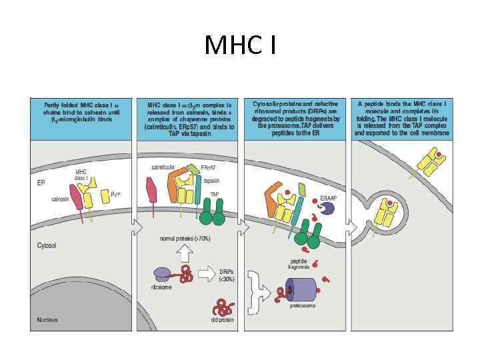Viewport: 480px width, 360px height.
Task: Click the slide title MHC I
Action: tap(239, 45)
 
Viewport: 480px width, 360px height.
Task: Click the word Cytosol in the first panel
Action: tap(46, 245)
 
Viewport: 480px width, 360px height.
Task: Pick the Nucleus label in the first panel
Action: tap(47, 319)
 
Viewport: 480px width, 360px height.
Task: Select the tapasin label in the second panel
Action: tap(211, 181)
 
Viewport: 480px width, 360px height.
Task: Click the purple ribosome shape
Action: tap(162, 273)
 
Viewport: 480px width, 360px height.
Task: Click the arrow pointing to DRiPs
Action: tap(207, 273)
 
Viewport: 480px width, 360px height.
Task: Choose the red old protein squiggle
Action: tap(221, 307)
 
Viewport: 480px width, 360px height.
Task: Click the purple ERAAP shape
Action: tap(327, 209)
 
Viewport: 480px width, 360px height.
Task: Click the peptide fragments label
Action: tap(298, 264)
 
